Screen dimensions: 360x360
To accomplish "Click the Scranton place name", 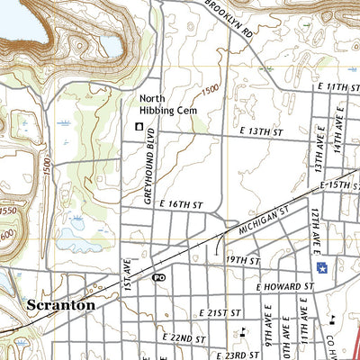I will tap(61, 304).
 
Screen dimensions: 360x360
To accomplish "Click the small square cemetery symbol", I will tap(139, 127).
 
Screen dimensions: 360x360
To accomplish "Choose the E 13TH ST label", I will tap(261, 131).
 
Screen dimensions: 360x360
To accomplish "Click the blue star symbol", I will tap(321, 267).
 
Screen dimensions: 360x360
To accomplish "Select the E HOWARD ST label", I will tap(283, 286).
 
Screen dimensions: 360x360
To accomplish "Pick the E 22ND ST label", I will tap(185, 337).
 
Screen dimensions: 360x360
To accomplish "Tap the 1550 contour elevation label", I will tap(6, 209).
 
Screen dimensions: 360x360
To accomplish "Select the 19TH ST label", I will tap(242, 260).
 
